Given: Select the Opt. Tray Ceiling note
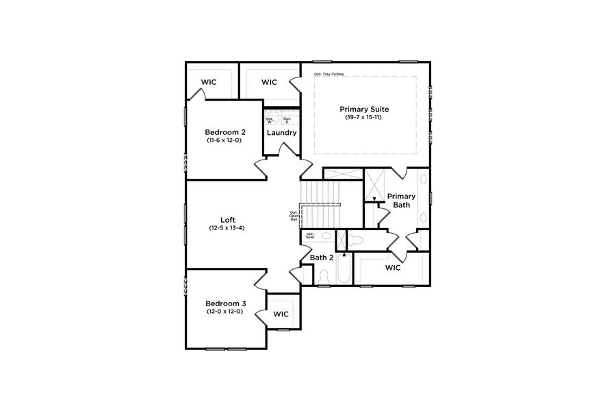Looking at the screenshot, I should coord(329,74).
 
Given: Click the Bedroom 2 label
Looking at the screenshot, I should coord(225,132).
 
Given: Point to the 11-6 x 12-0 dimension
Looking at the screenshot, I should coord(224,140).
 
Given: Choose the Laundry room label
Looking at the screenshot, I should coord(281,132).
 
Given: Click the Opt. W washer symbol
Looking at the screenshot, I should coord(270,120).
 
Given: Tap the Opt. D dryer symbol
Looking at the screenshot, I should coord(287,120).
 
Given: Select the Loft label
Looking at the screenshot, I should coord(228,219).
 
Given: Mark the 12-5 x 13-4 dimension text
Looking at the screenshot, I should coord(227,228).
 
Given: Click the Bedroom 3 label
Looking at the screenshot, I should coord(225,303).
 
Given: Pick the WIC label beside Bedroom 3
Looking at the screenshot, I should coord(281,314).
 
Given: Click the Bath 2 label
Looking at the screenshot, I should coord(322,258).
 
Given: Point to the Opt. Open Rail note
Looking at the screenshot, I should coord(294,216).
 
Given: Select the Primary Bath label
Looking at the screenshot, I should coord(402,200).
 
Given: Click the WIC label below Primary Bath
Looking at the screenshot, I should coord(393,267).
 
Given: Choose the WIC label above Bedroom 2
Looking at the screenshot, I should coord(209,82).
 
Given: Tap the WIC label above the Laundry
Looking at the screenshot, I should coord(269,82).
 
